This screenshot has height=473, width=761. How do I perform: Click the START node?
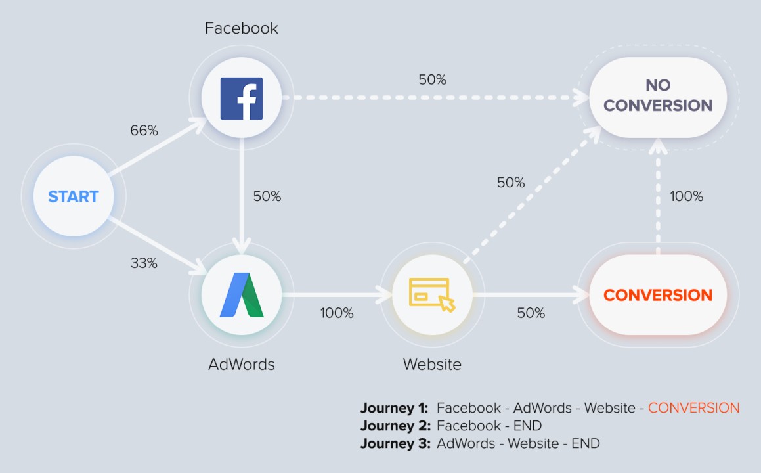(x=74, y=196)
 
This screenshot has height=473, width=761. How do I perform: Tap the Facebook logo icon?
(x=242, y=99)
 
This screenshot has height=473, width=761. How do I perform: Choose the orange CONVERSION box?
(x=658, y=295)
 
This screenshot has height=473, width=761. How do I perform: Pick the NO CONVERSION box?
(x=658, y=96)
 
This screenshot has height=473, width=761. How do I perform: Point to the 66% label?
(x=144, y=131)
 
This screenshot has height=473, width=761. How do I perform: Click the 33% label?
(x=144, y=263)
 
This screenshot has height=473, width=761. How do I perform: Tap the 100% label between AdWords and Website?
(x=337, y=313)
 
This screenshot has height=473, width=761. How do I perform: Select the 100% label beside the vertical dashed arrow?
(x=686, y=196)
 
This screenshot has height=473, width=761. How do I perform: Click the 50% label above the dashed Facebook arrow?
(x=432, y=80)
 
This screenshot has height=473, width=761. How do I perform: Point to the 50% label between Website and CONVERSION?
(x=531, y=313)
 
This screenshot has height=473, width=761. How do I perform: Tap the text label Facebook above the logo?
(x=242, y=28)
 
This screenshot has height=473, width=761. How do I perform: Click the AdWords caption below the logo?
(x=242, y=364)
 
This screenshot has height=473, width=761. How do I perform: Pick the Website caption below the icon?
(x=432, y=364)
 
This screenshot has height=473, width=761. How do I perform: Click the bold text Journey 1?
(x=394, y=408)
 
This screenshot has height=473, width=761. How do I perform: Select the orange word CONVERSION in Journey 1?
(x=693, y=408)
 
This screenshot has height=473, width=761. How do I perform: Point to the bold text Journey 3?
(x=394, y=443)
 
